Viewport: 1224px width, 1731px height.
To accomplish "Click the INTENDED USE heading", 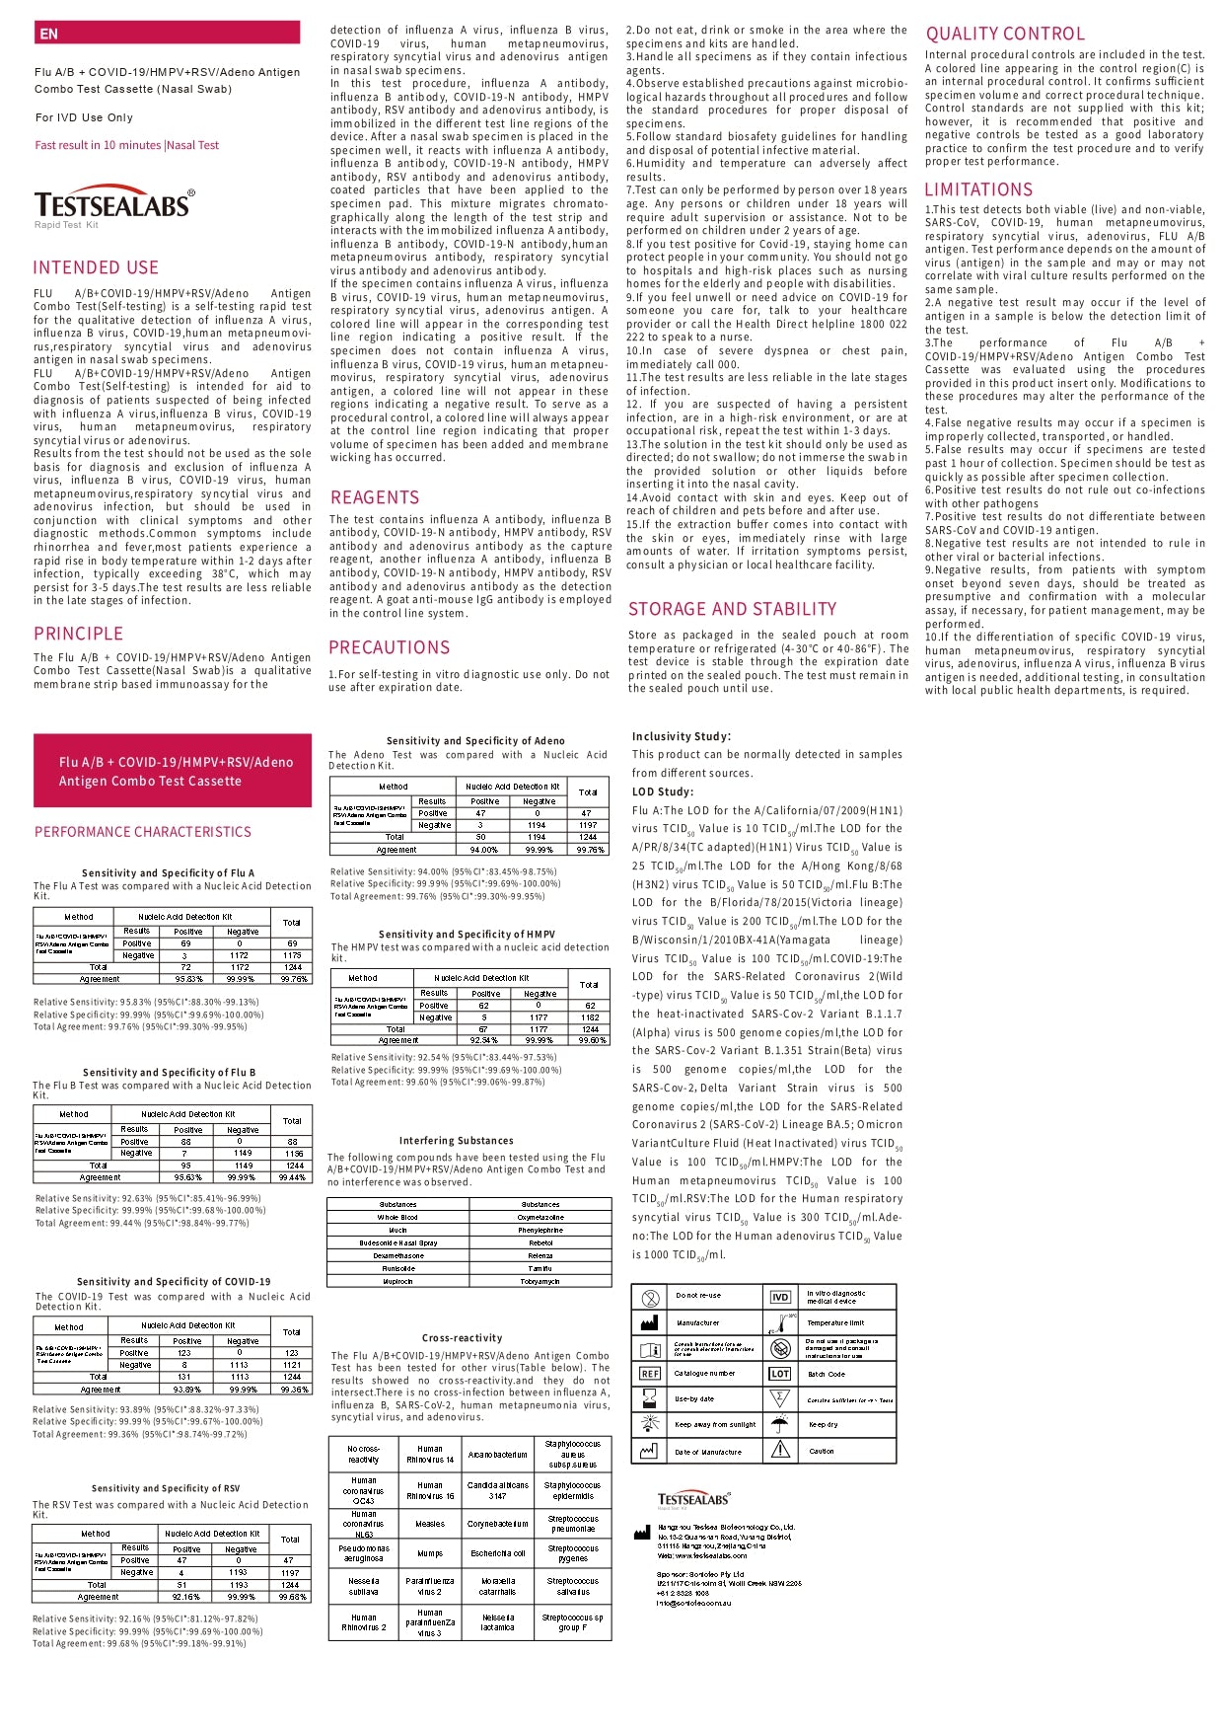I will click(x=96, y=267).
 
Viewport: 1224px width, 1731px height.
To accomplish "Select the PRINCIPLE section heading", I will click(x=79, y=634).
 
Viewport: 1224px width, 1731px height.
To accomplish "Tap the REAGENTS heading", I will click(x=375, y=497).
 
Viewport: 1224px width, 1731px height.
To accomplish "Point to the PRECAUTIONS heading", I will click(x=390, y=647).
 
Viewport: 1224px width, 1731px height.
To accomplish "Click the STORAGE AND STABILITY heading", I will click(x=732, y=609).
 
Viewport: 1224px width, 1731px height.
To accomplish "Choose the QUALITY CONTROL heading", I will click(x=1005, y=34).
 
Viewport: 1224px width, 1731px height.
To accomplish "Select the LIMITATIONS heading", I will click(x=978, y=189).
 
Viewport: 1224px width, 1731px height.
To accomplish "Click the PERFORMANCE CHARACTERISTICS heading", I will click(x=143, y=832).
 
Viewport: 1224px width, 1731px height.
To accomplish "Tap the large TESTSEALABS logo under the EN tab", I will click(x=114, y=205).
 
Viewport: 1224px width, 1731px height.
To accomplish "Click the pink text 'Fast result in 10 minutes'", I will click(x=98, y=145).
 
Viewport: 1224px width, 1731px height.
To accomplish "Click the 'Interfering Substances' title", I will click(x=456, y=1140).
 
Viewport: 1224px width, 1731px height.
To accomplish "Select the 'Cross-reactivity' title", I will click(x=463, y=1338).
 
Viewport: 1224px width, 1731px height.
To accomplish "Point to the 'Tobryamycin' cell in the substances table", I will click(x=540, y=1281).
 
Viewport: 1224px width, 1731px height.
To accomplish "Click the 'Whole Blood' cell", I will click(x=397, y=1217).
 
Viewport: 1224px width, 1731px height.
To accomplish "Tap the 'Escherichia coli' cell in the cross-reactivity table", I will click(x=498, y=1552).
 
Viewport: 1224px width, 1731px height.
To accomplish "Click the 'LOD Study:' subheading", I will click(x=663, y=791).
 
